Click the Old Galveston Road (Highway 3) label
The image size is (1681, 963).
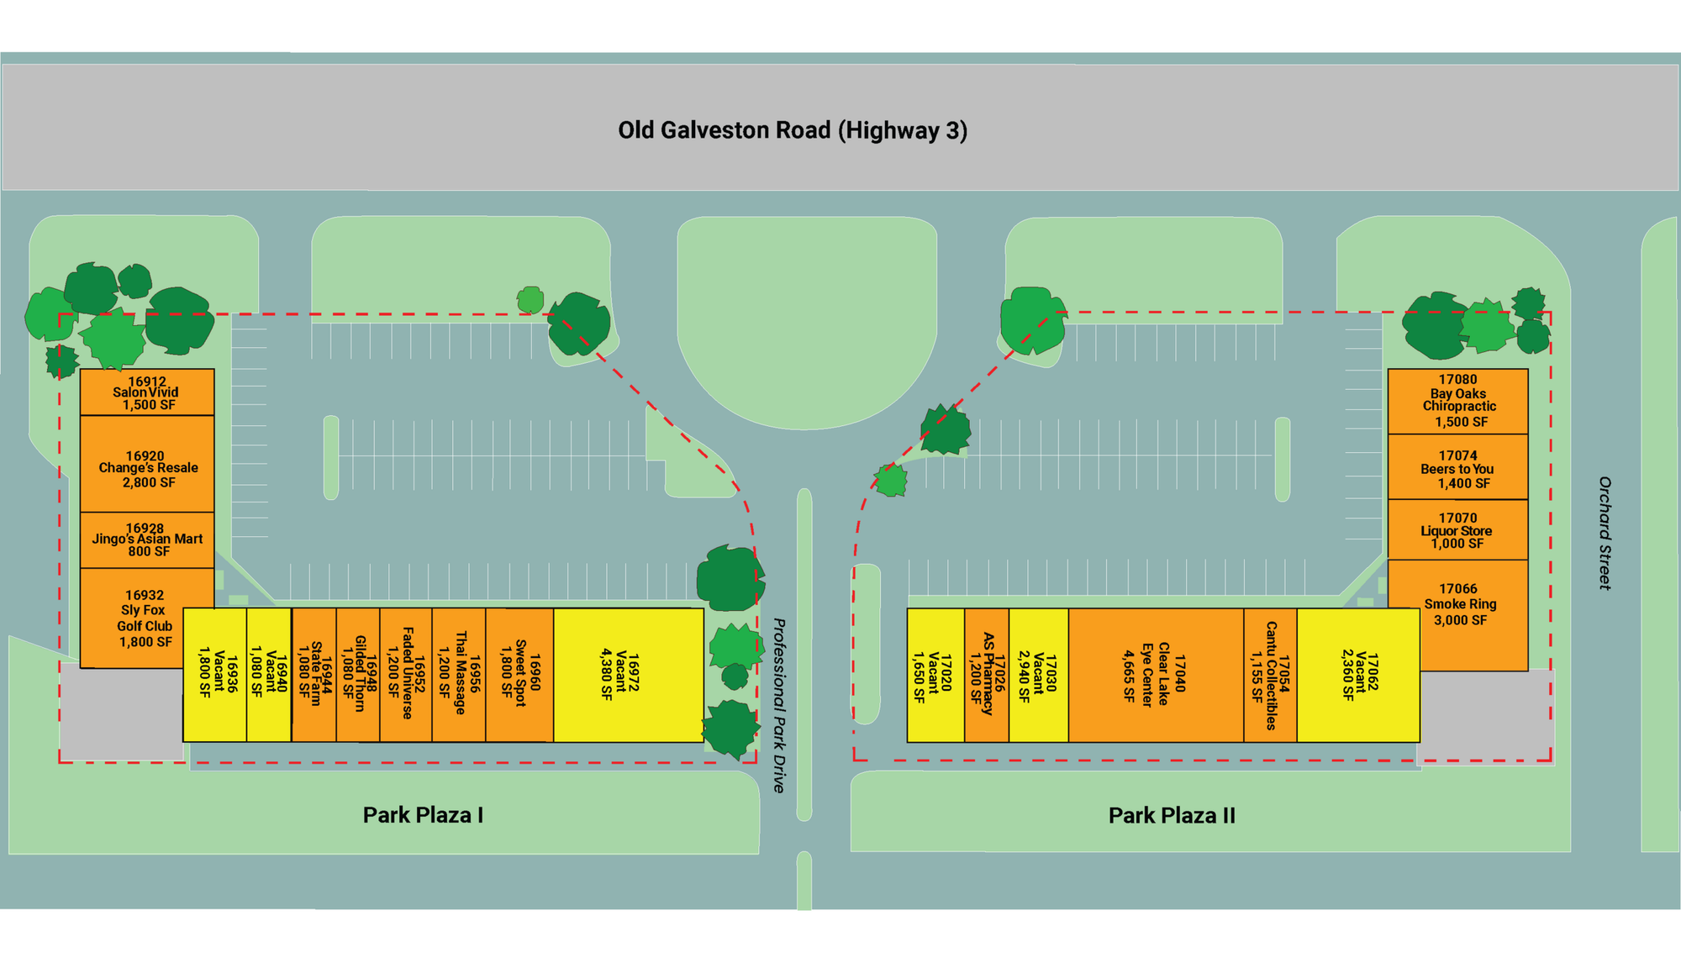793,131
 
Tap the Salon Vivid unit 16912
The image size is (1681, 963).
147,392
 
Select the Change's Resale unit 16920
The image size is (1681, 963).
147,468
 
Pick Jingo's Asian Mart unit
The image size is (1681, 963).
147,539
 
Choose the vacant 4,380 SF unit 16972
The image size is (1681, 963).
628,675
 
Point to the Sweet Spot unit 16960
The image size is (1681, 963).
519,675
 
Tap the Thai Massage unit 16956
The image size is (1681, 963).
459,675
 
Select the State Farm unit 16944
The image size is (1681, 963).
314,675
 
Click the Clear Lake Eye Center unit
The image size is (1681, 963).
1156,675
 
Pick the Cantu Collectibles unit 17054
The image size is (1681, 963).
1270,675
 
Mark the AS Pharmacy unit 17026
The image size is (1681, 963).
987,675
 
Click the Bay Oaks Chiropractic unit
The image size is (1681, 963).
1457,401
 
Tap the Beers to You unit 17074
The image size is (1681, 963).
1457,468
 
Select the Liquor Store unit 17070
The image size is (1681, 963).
1457,530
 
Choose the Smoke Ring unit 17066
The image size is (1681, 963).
1457,605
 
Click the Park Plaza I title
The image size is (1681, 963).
423,815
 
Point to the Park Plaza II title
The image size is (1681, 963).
1172,815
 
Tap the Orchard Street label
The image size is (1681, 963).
1605,533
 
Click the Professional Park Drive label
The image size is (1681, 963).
779,705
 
